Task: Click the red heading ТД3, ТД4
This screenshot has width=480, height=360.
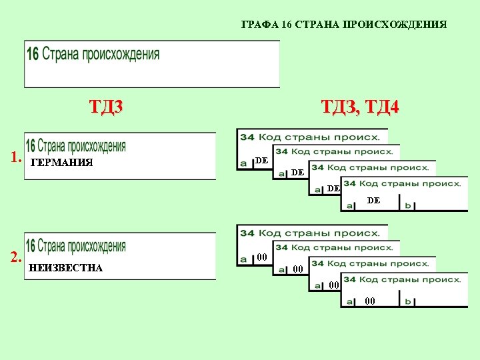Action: click(360, 107)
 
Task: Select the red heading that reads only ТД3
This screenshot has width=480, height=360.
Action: click(107, 107)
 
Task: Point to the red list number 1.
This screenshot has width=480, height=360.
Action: click(16, 159)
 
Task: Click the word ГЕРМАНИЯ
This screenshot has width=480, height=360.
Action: click(61, 163)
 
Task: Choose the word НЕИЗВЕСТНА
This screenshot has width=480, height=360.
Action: click(66, 268)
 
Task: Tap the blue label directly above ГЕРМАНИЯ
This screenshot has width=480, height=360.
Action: click(75, 146)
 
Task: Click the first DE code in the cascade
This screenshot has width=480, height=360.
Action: click(262, 161)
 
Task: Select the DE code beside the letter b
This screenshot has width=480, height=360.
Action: click(373, 200)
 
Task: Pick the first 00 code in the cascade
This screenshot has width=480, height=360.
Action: click(262, 257)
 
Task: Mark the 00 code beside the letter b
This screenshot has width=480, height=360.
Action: click(370, 301)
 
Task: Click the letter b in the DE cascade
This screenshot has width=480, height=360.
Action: click(408, 205)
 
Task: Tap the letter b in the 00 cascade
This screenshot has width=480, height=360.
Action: click(408, 301)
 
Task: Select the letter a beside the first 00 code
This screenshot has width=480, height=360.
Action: click(243, 259)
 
